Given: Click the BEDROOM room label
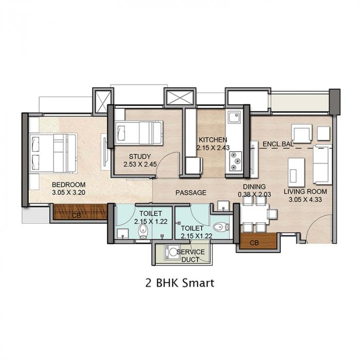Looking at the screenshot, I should [x=68, y=184].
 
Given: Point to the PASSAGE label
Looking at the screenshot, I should [x=190, y=193].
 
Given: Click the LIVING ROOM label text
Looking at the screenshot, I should [x=305, y=192].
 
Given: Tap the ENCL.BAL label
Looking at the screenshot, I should [x=277, y=145].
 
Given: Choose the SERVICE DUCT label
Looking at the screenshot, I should [x=191, y=256].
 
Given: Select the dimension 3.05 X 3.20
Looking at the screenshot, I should [x=68, y=193].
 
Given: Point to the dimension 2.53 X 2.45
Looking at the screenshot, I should [x=139, y=165].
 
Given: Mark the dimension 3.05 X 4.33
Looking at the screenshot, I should [x=305, y=200].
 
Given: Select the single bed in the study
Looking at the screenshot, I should [x=138, y=133].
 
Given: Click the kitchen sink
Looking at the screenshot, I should [x=235, y=118].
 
